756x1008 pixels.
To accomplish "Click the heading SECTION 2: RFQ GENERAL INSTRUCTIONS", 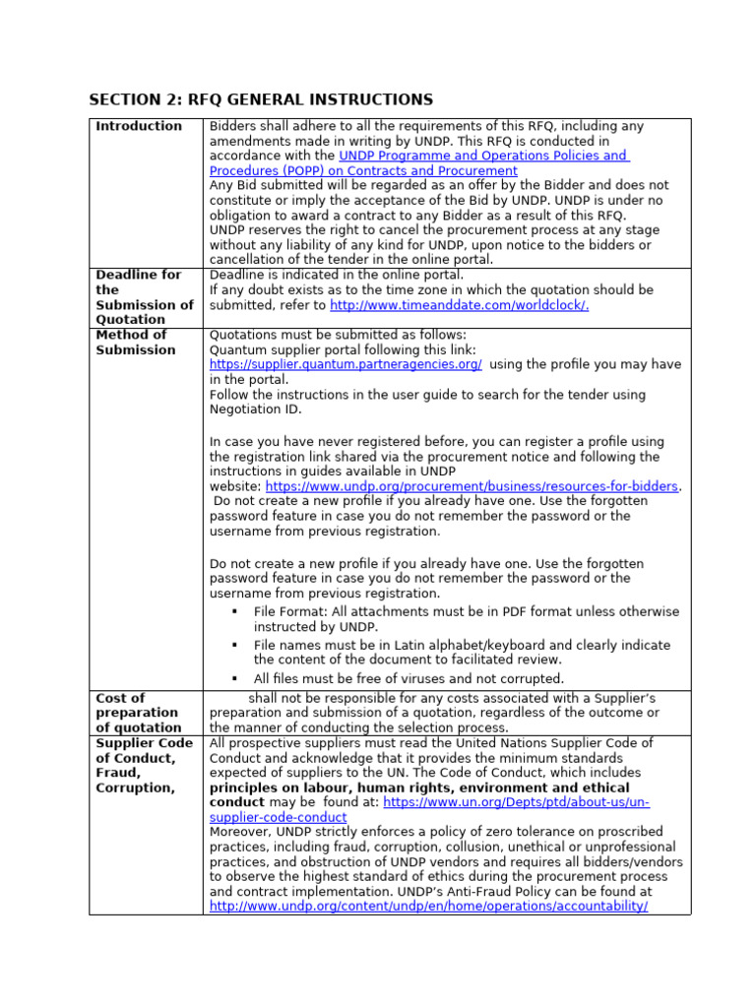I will point(261,99).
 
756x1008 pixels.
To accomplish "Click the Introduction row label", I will point(139,126).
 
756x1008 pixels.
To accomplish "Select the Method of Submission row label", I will point(136,343).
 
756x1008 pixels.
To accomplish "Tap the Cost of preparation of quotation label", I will point(137,713).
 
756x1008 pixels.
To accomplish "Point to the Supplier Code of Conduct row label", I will point(144,758).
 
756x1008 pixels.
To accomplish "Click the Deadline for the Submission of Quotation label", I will point(144,297).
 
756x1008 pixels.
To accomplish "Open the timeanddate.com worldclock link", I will point(459,305).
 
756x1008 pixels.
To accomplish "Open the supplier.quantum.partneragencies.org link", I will point(346,364).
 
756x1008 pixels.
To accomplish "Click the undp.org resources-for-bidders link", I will point(472,486).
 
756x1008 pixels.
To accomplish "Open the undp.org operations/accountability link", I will point(428,906).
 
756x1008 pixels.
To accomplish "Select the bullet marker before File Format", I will point(235,612).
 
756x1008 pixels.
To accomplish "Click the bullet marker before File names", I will point(235,646).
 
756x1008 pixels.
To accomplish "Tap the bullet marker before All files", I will point(235,679).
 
